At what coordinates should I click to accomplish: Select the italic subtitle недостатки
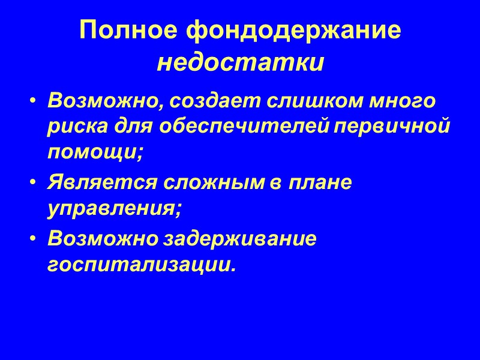(240, 62)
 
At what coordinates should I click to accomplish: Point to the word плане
(320, 183)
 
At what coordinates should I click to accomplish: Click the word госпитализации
(141, 265)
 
